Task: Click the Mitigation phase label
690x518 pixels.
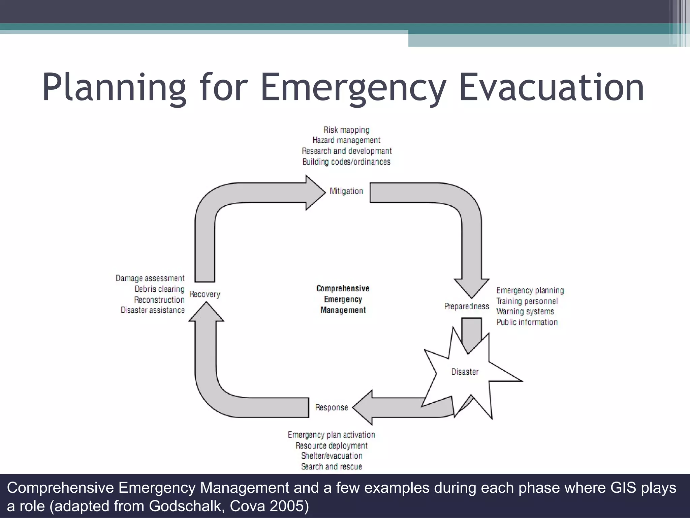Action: coord(346,191)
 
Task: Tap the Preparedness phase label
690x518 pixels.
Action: coord(466,306)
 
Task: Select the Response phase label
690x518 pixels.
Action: coord(332,407)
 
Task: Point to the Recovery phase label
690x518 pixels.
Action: coord(205,294)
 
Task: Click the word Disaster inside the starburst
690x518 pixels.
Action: coord(465,372)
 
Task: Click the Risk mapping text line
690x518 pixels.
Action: coord(346,130)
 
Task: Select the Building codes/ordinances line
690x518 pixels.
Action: coord(346,162)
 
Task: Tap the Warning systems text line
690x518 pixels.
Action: coord(525,311)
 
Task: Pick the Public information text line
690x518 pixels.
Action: coord(527,322)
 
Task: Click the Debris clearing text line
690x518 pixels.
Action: coord(159,289)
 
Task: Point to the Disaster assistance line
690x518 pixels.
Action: coord(153,310)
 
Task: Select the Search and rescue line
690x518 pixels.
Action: coord(332,466)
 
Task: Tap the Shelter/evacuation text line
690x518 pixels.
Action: coord(332,456)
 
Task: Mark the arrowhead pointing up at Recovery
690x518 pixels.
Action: coord(206,312)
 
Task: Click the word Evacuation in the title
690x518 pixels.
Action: coord(552,88)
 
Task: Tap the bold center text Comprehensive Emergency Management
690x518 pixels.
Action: coord(343,299)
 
